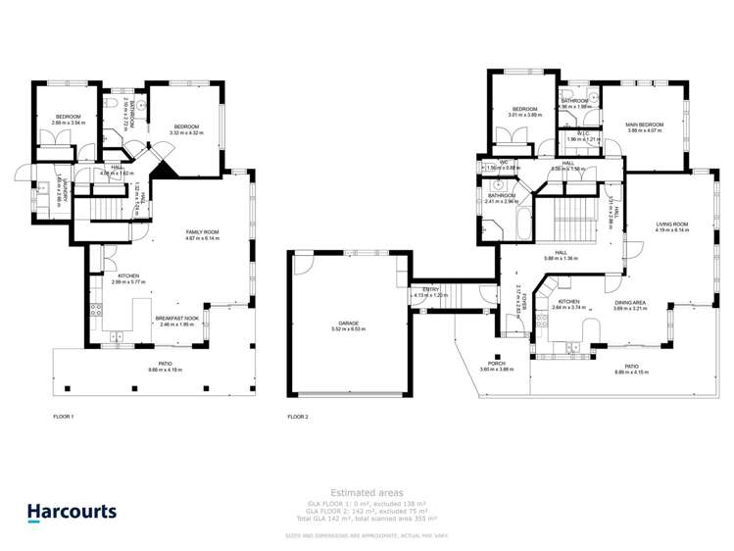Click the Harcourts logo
[72, 511]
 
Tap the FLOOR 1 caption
[64, 417]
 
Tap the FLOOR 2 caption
[298, 417]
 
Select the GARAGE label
[349, 323]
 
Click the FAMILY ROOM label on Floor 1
[203, 231]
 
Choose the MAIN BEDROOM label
[644, 125]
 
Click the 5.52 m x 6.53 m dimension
[349, 329]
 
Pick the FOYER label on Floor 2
[525, 299]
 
